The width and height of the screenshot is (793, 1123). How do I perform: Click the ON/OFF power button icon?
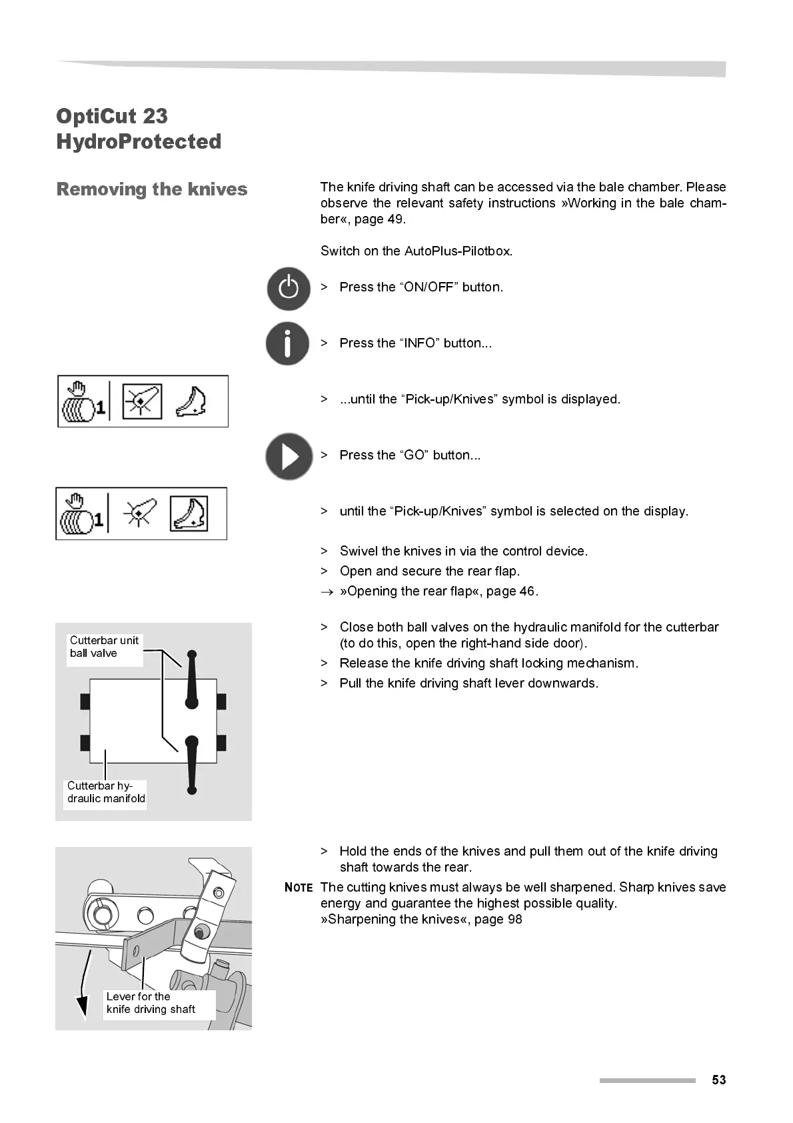pos(289,289)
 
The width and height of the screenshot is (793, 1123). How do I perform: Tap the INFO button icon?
pos(287,343)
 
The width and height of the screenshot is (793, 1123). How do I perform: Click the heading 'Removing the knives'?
pos(152,189)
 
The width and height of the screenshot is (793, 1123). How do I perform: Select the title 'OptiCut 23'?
pos(112,116)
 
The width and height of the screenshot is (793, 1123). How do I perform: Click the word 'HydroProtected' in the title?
pos(139,141)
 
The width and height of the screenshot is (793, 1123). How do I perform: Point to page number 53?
pos(718,1080)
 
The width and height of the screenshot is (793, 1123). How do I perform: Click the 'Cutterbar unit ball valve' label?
pos(104,647)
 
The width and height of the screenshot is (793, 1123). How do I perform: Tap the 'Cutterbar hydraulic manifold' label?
pos(105,792)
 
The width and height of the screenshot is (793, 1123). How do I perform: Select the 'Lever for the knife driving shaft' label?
pos(151,1003)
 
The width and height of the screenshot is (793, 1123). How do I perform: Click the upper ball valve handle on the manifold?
pos(192,678)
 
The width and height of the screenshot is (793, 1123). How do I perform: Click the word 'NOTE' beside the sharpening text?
pos(299,888)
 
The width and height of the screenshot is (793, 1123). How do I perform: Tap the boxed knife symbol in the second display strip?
pos(189,513)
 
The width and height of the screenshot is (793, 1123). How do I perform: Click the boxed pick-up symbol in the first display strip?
pos(142,401)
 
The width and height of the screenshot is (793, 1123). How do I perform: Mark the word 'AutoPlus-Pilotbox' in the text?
pos(457,251)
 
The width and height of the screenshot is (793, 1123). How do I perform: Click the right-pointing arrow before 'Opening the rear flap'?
pos(325,592)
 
